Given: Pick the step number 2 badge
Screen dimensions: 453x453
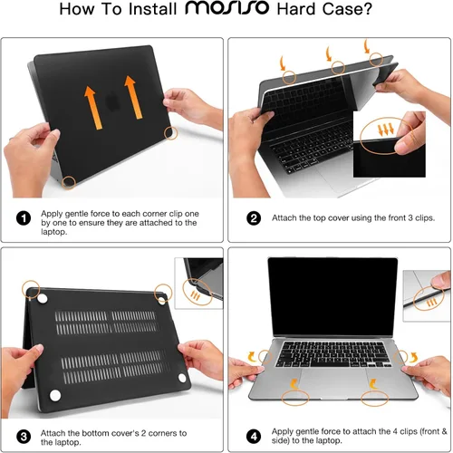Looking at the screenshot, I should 255,218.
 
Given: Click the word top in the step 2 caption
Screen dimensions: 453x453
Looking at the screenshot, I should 313,218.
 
